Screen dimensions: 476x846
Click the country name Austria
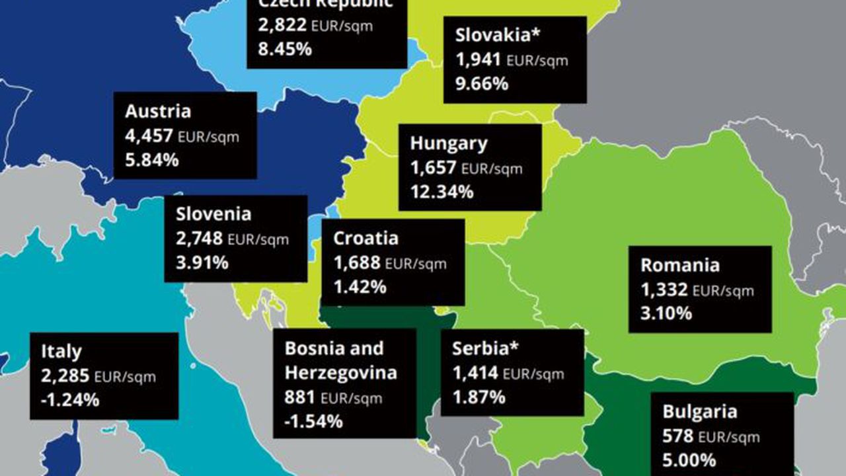coord(158,111)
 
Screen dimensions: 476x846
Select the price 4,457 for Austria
coord(148,136)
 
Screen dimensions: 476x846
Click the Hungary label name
coord(448,143)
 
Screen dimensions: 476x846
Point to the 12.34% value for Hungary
coord(442,192)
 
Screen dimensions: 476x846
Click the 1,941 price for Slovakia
coord(479,59)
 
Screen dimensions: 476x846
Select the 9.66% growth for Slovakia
coord(482,84)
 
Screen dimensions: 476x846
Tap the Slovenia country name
coord(213,214)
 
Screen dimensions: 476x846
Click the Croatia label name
coord(365,238)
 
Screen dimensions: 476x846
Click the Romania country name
coord(679,265)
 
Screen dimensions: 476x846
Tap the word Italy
coord(61,351)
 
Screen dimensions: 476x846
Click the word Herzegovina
coord(340,373)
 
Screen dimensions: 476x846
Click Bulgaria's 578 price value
coord(678,436)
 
